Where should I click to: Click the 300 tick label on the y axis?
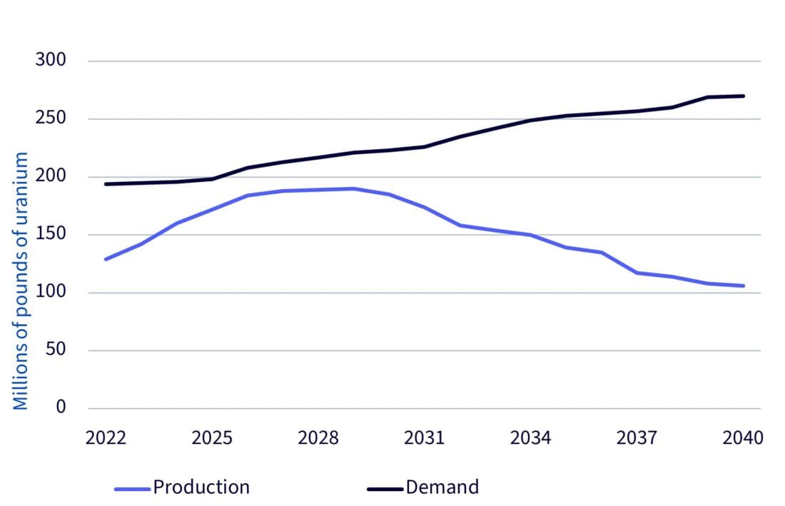(51, 61)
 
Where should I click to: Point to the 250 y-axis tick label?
(51, 118)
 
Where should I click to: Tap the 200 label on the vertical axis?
(51, 176)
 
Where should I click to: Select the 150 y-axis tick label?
(51, 234)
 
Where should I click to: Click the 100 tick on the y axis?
(51, 292)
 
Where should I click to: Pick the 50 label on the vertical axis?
(56, 350)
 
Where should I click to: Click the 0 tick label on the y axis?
(61, 408)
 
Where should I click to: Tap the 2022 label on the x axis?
(106, 437)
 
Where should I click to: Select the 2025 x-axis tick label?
(212, 437)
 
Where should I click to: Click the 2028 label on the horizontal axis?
(318, 437)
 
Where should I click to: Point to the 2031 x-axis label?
(425, 437)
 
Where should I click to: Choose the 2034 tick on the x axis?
(531, 437)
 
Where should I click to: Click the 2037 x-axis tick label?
(637, 437)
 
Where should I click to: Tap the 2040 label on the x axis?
(743, 437)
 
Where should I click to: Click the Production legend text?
(201, 487)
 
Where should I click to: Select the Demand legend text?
(442, 487)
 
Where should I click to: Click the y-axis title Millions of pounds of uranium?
(21, 281)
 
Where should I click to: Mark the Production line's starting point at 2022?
(106, 259)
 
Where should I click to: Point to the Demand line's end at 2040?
(744, 96)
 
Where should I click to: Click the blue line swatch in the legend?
(133, 489)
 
